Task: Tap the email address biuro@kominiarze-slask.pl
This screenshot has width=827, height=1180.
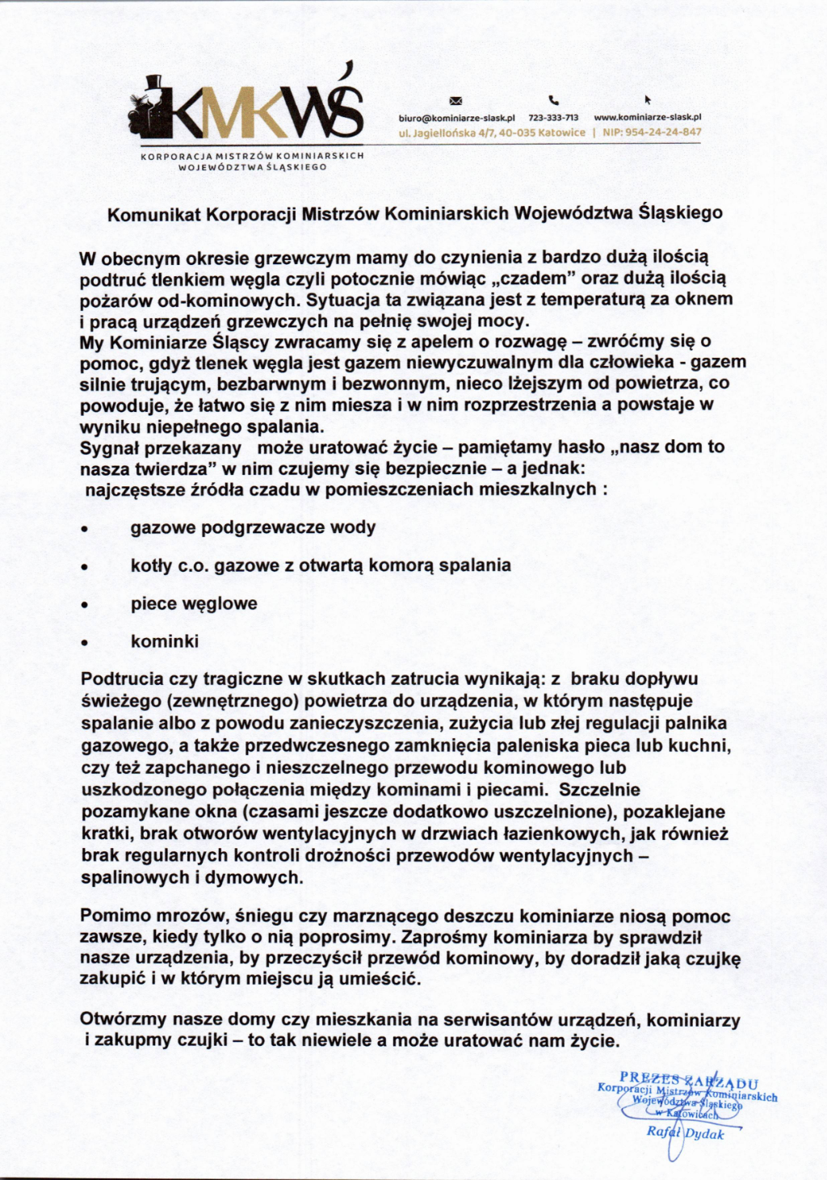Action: pos(456,118)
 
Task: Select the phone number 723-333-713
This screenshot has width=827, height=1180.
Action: pos(553,118)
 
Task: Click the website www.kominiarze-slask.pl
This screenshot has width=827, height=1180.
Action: pos(647,118)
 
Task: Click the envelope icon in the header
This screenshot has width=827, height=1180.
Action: pos(455,101)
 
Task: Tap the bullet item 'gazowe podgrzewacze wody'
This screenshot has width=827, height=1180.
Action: pos(253,527)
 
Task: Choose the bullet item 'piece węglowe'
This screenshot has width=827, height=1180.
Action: pos(194,603)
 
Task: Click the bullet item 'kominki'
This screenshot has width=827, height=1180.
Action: pos(165,641)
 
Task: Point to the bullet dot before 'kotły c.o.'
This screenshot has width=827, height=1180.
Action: pos(84,568)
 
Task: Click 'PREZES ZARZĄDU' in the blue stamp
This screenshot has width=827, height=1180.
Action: pos(689,1078)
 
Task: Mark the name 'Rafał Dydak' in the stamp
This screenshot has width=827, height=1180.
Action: pos(685,1133)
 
